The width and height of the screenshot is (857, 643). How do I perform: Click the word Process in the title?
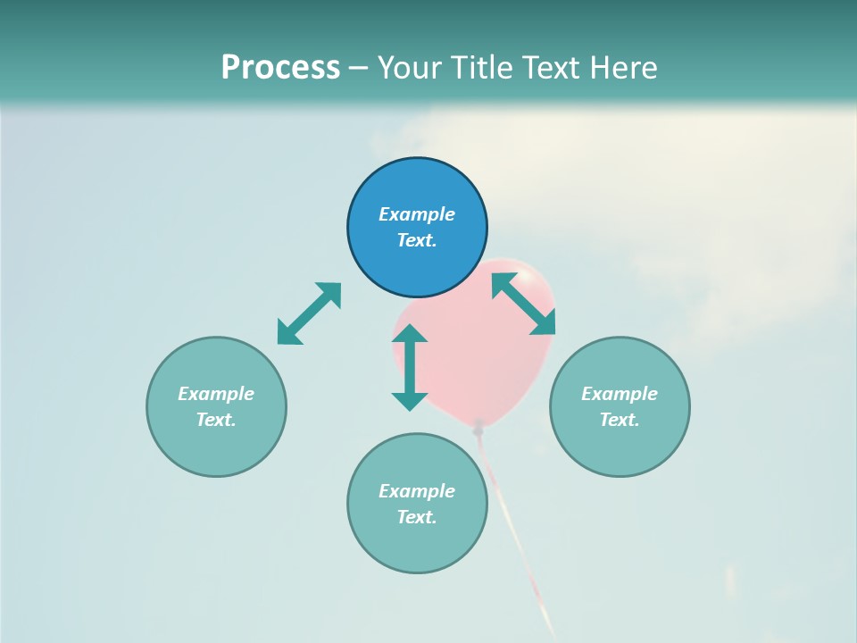click(x=280, y=68)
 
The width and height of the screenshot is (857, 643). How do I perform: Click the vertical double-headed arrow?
click(x=410, y=367)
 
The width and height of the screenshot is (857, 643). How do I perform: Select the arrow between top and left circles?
click(x=309, y=313)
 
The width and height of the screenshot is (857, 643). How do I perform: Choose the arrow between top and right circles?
click(x=523, y=304)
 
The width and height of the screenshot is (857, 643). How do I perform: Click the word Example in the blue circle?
click(x=417, y=214)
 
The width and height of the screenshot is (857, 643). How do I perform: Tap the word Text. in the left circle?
click(x=216, y=420)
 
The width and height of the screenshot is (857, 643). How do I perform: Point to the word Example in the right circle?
click(x=620, y=394)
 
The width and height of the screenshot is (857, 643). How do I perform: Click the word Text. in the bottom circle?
click(x=417, y=517)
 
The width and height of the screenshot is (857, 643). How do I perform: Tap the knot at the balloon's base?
click(x=479, y=428)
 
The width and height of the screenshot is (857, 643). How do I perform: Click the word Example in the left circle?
click(x=216, y=394)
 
